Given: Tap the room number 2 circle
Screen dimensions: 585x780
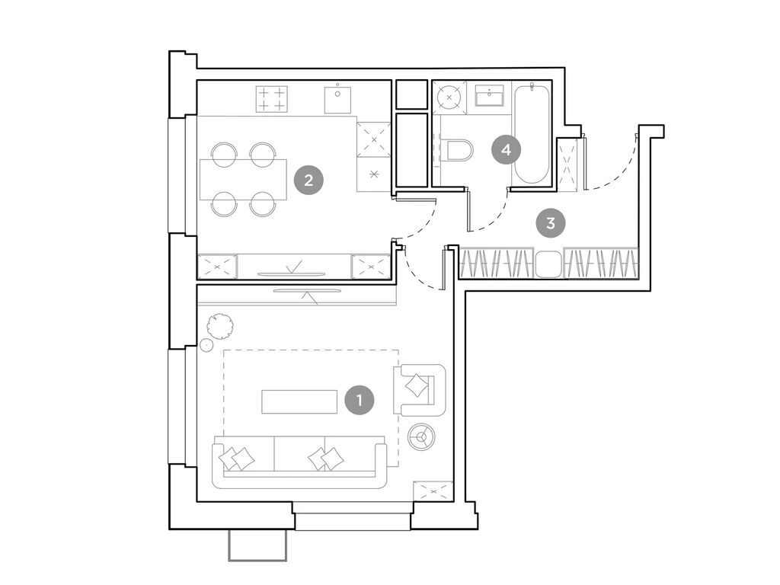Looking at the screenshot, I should point(308,181).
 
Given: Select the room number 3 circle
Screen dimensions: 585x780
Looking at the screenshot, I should point(550,223).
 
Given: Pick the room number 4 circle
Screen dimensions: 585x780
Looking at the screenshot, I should point(507,149).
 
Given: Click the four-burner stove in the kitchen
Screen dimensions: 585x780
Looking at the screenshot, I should point(271,99).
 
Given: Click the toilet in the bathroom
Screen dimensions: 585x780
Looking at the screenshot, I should point(459,150).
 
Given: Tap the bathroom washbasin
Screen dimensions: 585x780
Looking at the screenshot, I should point(488,96).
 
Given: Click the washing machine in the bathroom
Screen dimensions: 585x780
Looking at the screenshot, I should point(449,97).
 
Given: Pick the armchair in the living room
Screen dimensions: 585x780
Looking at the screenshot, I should point(418,386).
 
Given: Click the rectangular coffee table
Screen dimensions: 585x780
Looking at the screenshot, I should point(299,401).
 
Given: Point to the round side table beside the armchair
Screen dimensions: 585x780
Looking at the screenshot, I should point(420,436).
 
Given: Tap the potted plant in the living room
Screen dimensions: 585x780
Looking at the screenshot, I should point(222,326).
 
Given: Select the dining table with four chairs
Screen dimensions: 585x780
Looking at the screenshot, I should point(243,179).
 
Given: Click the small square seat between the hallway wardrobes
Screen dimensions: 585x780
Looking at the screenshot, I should point(548,264).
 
